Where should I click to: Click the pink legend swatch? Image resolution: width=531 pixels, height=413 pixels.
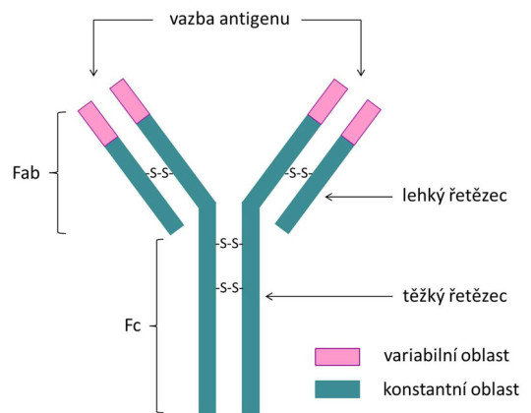335,355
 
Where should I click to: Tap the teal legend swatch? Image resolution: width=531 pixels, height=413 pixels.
335,388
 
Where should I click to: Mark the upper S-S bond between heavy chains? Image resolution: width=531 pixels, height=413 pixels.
229,243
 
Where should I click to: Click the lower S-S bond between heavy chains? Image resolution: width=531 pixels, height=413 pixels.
229,287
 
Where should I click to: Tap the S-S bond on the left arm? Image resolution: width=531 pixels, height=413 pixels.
159,173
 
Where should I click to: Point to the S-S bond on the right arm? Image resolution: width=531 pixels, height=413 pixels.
299,173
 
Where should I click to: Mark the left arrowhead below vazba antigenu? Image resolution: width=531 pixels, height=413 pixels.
92,71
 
